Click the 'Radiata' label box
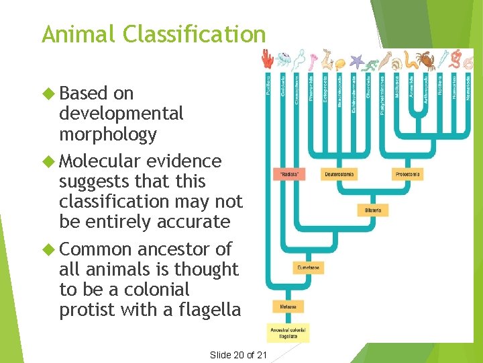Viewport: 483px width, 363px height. point(290,175)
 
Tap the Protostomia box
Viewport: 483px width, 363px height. point(408,175)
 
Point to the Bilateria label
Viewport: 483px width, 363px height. point(373,210)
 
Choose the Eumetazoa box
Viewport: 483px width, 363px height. point(308,268)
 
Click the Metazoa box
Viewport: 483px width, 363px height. point(288,307)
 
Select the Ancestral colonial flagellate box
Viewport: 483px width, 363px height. point(288,333)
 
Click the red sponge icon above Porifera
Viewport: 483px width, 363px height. point(268,61)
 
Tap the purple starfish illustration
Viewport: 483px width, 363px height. point(356,63)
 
